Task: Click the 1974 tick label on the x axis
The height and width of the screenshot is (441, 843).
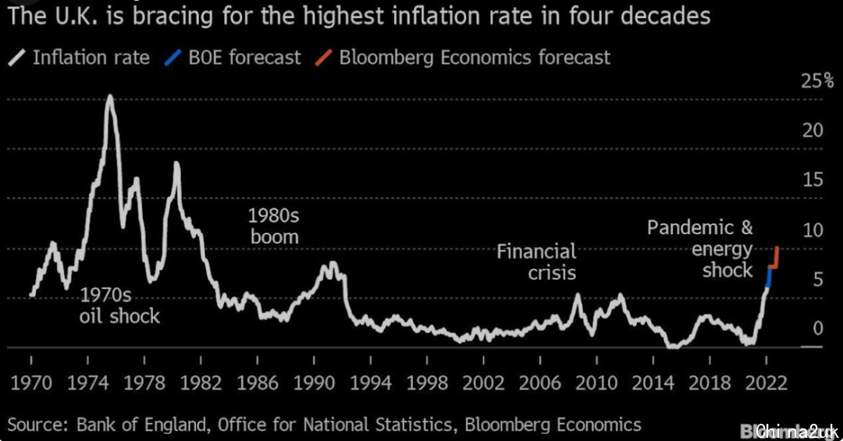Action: pyautogui.click(x=87, y=383)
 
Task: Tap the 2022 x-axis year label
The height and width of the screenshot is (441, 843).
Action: pyautogui.click(x=767, y=383)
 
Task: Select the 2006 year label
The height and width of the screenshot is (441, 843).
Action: pyautogui.click(x=540, y=383)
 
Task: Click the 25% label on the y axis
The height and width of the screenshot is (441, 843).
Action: pyautogui.click(x=817, y=81)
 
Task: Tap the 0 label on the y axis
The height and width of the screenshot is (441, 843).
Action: pyautogui.click(x=818, y=328)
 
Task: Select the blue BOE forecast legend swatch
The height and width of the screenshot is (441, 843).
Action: pyautogui.click(x=173, y=57)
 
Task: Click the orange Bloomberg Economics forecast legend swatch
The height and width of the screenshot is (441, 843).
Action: pyautogui.click(x=323, y=57)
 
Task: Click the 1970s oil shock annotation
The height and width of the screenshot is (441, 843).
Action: pyautogui.click(x=119, y=305)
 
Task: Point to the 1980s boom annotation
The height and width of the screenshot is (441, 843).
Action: pyautogui.click(x=273, y=226)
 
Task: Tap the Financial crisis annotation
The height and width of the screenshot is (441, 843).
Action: pyautogui.click(x=537, y=261)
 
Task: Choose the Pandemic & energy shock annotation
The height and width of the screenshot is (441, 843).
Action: pyautogui.click(x=701, y=248)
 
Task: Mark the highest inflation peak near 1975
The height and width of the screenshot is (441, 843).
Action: pyautogui.click(x=109, y=97)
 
